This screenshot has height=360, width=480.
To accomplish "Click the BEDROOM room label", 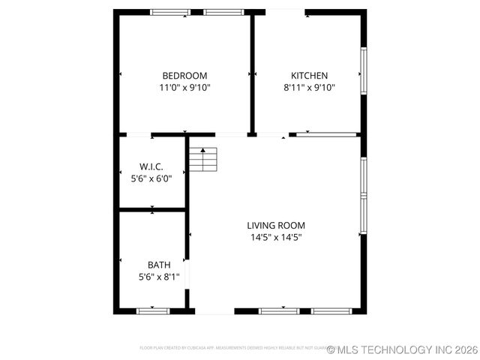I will click(x=184, y=76).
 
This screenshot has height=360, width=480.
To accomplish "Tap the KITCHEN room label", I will click(x=309, y=76).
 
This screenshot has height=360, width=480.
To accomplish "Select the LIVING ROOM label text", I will click(x=276, y=225).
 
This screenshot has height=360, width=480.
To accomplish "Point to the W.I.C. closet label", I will click(x=151, y=166).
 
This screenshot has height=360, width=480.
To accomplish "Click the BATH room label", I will click(x=159, y=265).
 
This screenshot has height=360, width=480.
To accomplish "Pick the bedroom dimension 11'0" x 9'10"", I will click(x=184, y=88).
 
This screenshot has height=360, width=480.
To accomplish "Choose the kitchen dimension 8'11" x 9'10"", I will click(x=309, y=88).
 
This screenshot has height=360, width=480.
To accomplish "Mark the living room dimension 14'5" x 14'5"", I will click(x=276, y=237).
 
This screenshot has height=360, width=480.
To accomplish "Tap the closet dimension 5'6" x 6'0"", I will click(x=151, y=178).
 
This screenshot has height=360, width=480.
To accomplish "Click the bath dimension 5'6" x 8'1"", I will click(x=159, y=277).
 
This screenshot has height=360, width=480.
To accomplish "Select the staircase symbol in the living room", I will click(x=202, y=160).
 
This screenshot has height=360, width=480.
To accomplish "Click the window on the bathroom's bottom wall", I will click(x=153, y=310).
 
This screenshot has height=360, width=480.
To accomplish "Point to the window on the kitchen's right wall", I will click(x=363, y=72).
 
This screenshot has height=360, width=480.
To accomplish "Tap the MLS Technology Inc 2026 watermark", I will click(x=402, y=349).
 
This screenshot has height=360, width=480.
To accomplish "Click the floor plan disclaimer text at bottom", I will click(x=232, y=348).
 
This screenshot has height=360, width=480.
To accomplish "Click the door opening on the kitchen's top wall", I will click(x=286, y=11).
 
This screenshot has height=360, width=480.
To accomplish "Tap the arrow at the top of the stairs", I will click(x=202, y=151).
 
